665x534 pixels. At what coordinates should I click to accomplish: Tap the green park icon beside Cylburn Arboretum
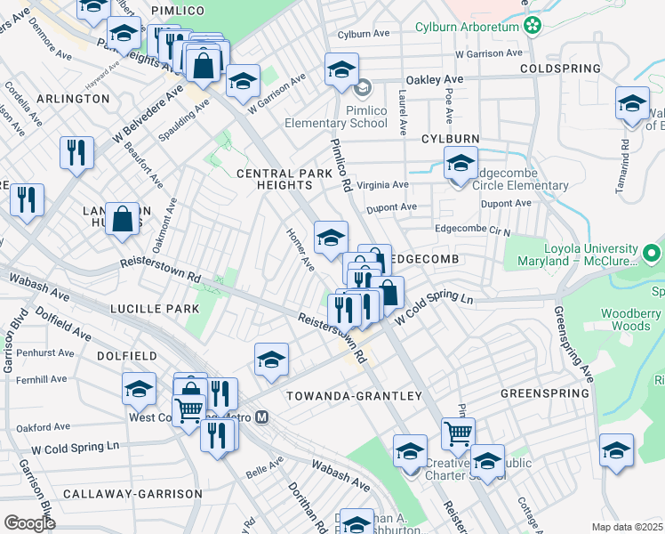pos(533,26)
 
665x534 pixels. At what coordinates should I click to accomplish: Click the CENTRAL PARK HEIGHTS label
pos(274,178)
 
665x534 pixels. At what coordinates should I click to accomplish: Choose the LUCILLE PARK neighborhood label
pos(155,309)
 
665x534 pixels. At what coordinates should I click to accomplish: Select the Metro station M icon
pos(262,417)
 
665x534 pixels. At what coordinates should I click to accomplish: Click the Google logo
pos(29,522)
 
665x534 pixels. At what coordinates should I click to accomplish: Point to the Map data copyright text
pos(628,527)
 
